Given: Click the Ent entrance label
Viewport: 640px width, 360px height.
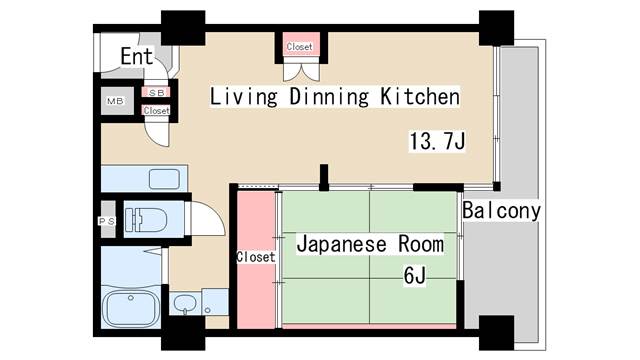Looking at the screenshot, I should tap(137, 56).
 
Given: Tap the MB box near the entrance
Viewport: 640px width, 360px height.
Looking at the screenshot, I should tap(116, 101).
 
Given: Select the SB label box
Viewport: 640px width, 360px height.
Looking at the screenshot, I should tap(156, 93).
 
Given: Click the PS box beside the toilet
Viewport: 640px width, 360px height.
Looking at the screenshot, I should tap(106, 221).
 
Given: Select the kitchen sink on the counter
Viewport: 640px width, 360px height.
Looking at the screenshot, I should tap(163, 179).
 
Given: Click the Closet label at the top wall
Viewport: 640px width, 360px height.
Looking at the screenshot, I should tap(299, 47).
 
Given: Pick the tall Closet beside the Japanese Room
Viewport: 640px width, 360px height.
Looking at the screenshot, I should tap(255, 257).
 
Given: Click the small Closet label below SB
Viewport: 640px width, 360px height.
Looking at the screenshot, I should tap(156, 110).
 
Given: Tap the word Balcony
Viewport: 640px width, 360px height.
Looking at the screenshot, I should tap(502, 211).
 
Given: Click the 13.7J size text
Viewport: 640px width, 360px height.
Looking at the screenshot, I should tap(437, 141).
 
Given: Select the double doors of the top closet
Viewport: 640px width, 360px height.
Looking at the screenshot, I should tap(299, 69).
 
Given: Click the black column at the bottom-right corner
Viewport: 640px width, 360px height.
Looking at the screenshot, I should tap(496, 331).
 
